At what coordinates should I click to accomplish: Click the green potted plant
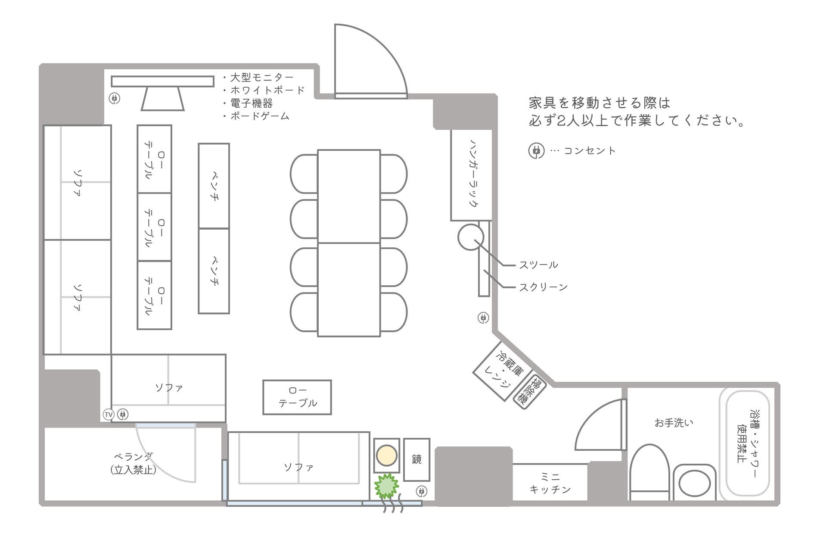click(x=386, y=486)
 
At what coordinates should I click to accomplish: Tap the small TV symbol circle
click(x=109, y=415)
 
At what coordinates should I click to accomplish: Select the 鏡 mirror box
click(x=416, y=459)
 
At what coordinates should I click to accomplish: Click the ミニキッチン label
click(x=550, y=483)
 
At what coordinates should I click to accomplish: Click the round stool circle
click(x=470, y=237)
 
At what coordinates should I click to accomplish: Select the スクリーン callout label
click(x=543, y=287)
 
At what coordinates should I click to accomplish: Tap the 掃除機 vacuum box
click(x=529, y=391)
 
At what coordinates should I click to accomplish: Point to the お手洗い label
click(x=674, y=423)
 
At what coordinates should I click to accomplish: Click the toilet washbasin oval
click(x=694, y=483)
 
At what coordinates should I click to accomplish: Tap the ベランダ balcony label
click(x=133, y=463)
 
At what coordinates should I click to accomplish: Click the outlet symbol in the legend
click(x=536, y=151)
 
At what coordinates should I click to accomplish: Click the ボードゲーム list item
click(x=260, y=116)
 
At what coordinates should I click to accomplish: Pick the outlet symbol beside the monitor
click(x=114, y=98)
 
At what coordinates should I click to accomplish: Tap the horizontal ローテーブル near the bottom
click(x=297, y=397)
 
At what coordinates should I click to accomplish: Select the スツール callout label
click(x=538, y=265)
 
